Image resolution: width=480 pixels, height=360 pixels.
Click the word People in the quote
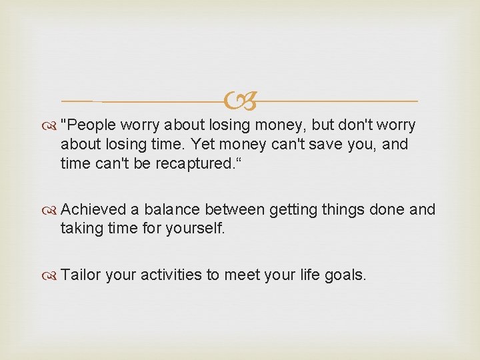pos(91,125)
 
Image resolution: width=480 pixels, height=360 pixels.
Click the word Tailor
pos(80,275)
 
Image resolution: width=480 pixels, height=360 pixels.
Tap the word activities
pos(171,275)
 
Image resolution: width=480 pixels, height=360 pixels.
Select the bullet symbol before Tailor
pos(51,275)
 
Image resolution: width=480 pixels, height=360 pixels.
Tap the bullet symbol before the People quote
pos(51,125)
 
